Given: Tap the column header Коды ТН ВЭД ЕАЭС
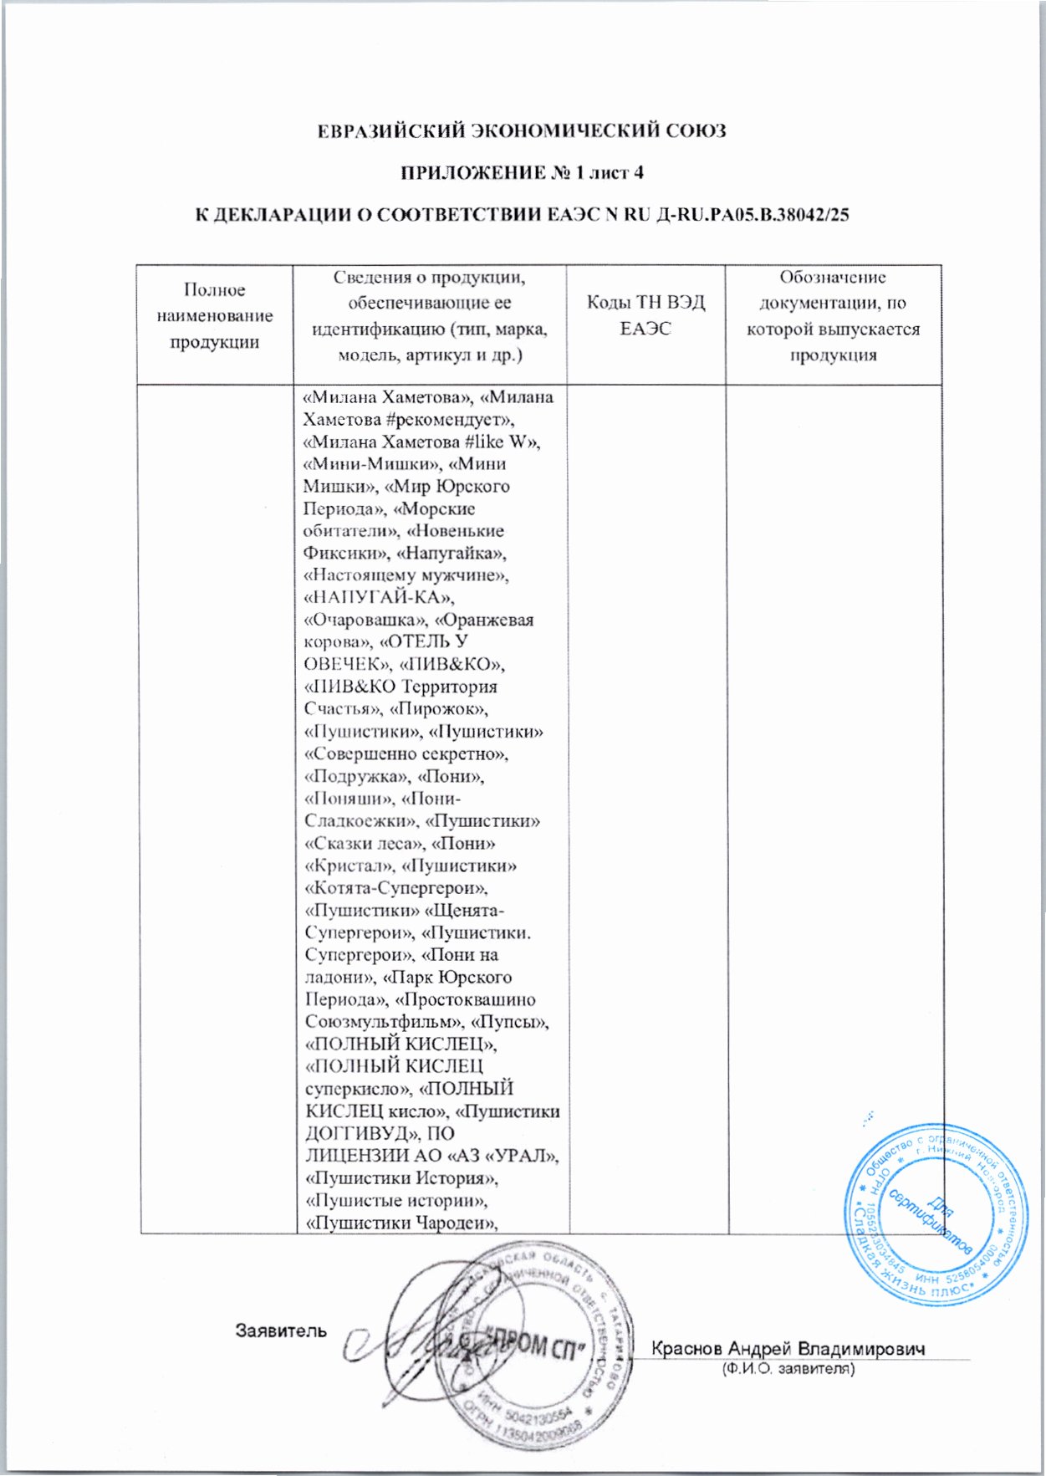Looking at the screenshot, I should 645,315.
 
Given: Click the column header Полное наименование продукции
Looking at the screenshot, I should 215,315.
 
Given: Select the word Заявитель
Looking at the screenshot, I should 281,1330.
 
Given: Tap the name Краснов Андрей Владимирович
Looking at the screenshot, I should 788,1349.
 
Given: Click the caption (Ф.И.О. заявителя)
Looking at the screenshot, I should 788,1370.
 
